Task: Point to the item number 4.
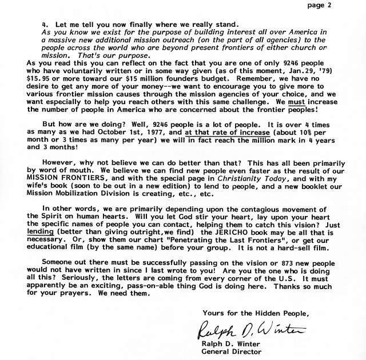point(44,25)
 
